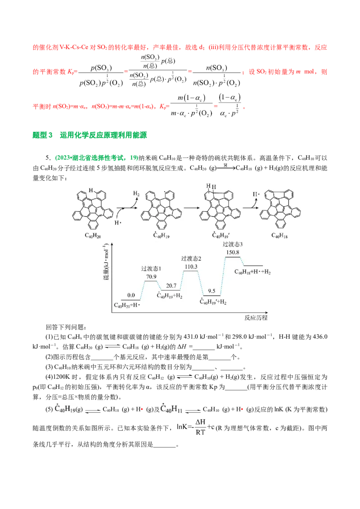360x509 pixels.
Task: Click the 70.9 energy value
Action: point(151,277)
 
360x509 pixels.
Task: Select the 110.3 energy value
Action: point(191,267)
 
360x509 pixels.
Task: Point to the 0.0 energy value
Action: point(131,295)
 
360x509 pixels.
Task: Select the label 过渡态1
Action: point(151,269)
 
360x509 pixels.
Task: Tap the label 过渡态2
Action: point(191,259)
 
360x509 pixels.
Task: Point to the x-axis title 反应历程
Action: point(256,317)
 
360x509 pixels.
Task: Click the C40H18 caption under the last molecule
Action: point(280,235)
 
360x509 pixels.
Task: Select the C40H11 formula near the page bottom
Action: point(172,409)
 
